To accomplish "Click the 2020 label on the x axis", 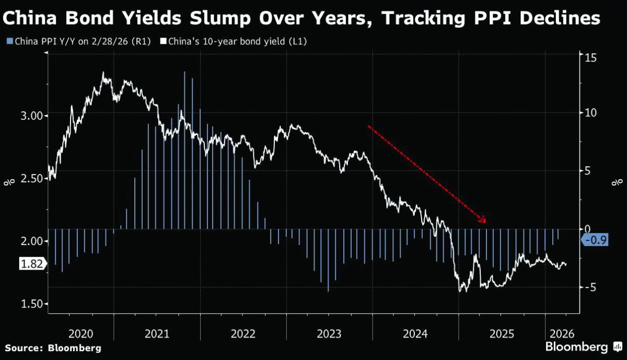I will (x=80, y=334).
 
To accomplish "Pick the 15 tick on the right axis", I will (x=590, y=57).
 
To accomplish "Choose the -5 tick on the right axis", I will (x=589, y=287).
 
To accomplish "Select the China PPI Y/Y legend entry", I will (x=78, y=41).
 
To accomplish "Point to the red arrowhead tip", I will (x=485, y=222).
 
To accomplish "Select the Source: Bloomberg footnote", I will (x=53, y=348).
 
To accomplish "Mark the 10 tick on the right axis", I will (x=590, y=113).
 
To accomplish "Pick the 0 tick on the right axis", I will (x=587, y=229).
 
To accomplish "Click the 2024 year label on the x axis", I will (x=415, y=334).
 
